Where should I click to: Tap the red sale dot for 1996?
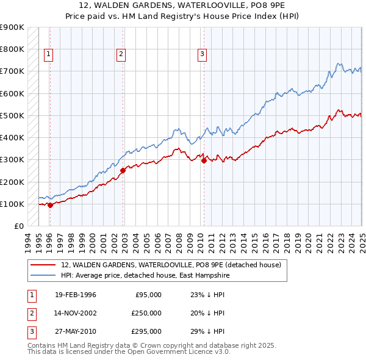[50, 206]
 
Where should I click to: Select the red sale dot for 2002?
[123, 171]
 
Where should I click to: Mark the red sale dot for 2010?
[204, 160]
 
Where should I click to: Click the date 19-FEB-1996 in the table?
[75, 295]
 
